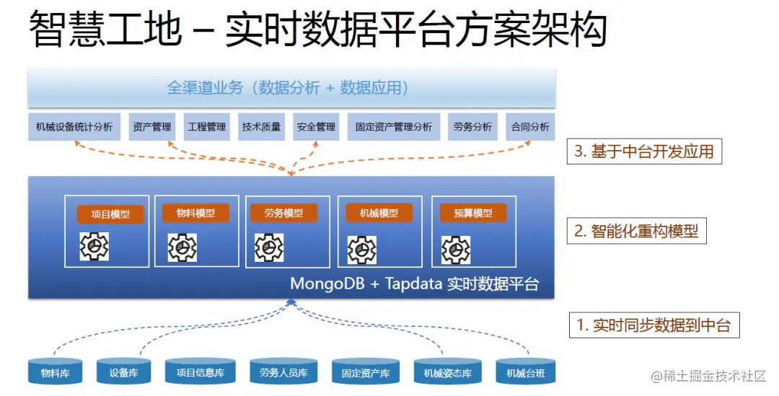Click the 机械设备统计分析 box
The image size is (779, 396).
click(x=74, y=127)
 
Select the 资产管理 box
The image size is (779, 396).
click(x=152, y=127)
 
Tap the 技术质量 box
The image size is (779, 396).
click(x=262, y=127)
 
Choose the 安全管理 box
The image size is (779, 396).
click(x=316, y=127)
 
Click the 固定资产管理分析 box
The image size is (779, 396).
click(x=394, y=127)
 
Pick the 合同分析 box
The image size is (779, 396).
click(x=530, y=127)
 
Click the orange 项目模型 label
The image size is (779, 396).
click(x=110, y=214)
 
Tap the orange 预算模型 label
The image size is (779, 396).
click(x=473, y=213)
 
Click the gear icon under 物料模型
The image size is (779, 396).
click(x=182, y=247)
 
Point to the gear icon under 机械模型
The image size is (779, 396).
click(x=361, y=250)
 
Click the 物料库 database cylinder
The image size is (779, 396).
click(x=55, y=371)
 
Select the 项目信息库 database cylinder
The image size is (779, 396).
click(x=200, y=371)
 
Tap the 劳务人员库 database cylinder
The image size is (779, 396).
click(x=283, y=371)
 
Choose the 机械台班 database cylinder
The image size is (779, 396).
click(x=525, y=371)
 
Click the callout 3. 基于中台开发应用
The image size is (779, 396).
click(x=644, y=152)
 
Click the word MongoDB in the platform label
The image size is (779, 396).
click(x=328, y=283)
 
